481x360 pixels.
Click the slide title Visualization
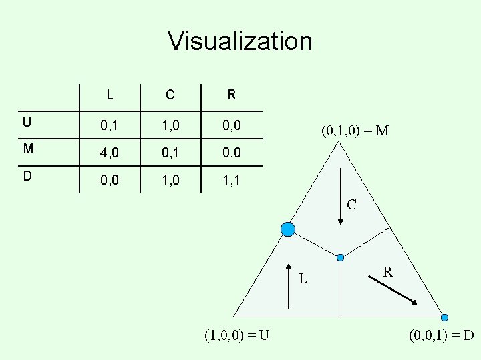pos(240,41)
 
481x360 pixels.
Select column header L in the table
pos(109,95)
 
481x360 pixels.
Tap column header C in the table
pos(170,95)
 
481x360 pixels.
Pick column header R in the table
pos(231,95)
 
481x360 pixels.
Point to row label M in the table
pos(27,149)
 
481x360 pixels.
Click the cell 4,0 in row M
pos(110,153)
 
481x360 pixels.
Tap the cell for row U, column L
pos(110,125)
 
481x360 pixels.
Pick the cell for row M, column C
pos(170,153)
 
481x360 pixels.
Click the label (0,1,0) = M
pos(355,131)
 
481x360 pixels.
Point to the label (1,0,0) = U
pos(238,335)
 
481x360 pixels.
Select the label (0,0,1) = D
pos(440,335)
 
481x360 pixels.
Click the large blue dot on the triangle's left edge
pos(288,229)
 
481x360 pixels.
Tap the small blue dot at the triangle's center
pos(341,257)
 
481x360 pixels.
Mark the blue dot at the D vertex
pos(445,317)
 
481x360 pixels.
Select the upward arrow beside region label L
pos(288,287)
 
